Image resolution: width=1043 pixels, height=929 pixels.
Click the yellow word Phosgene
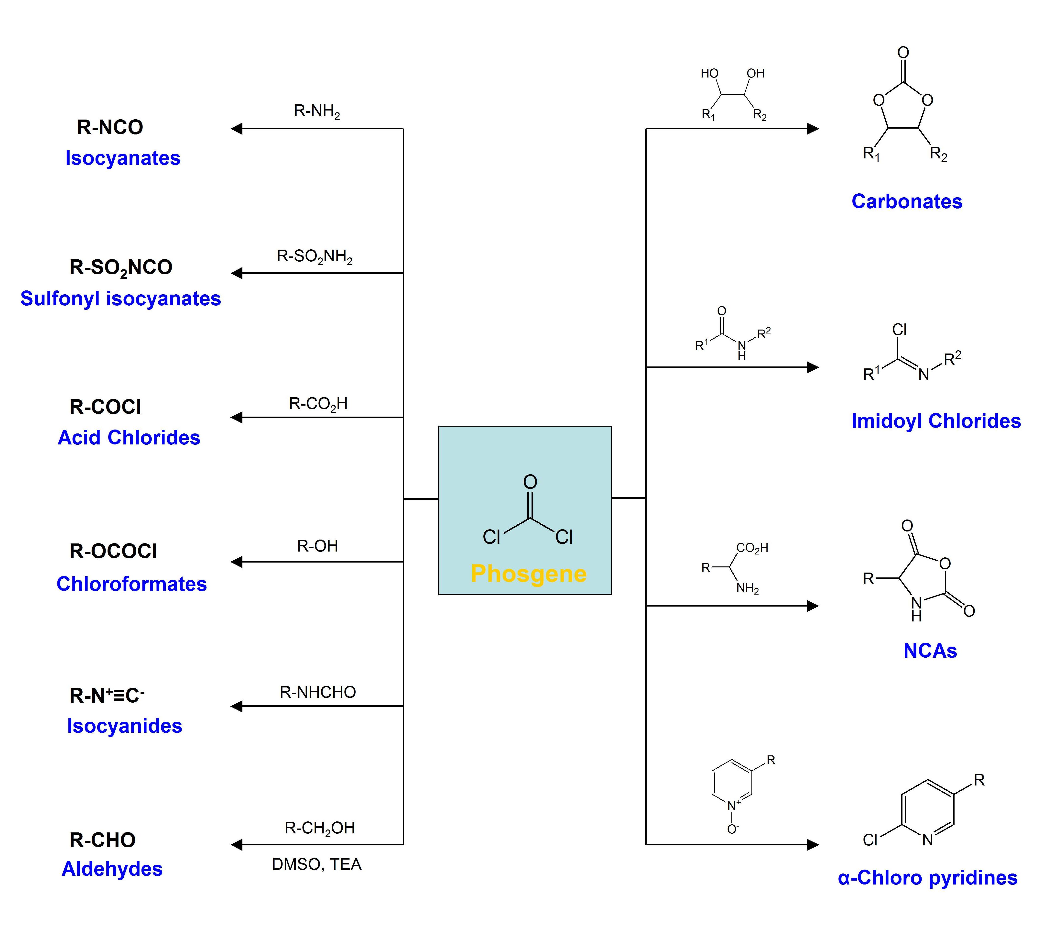pyautogui.click(x=529, y=574)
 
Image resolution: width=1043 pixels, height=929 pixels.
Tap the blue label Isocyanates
pyautogui.click(x=123, y=158)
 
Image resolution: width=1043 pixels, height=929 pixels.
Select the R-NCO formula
pyautogui.click(x=110, y=127)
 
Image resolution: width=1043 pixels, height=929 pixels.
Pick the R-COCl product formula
pyautogui.click(x=106, y=407)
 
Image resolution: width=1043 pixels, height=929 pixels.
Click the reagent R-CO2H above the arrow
pyautogui.click(x=318, y=404)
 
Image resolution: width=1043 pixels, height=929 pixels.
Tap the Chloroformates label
pyautogui.click(x=132, y=584)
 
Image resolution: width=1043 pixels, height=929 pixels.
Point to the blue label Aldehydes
pyautogui.click(x=112, y=869)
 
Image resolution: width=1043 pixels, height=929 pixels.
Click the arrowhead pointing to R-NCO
pyautogui.click(x=236, y=129)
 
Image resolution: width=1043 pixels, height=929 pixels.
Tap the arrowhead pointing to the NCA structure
pyautogui.click(x=813, y=606)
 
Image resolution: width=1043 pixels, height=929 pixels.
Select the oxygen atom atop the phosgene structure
pyautogui.click(x=530, y=482)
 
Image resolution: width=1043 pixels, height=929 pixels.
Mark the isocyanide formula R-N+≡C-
pyautogui.click(x=107, y=695)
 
